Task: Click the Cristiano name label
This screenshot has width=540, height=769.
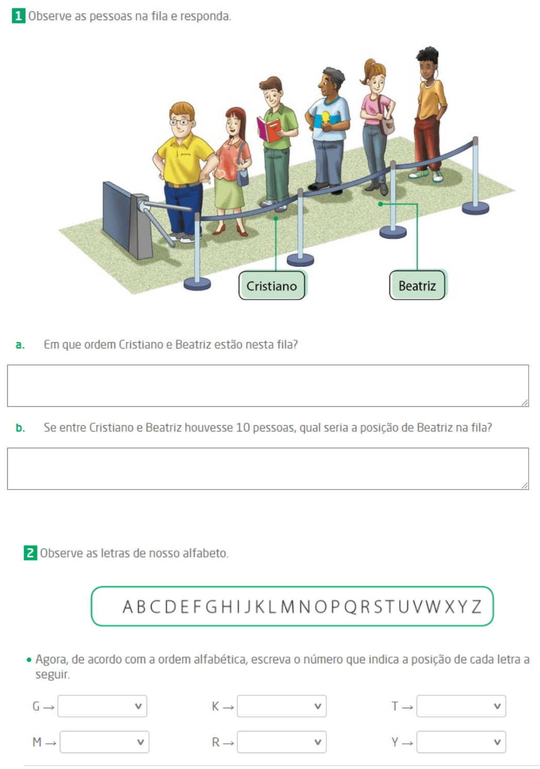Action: (x=272, y=286)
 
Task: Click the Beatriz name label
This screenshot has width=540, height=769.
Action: (x=417, y=286)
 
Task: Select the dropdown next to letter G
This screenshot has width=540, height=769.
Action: (x=102, y=706)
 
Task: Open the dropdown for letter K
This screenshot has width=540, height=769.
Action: (x=282, y=706)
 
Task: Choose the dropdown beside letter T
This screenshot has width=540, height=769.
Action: (x=461, y=706)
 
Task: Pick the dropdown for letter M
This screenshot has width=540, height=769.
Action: (x=104, y=742)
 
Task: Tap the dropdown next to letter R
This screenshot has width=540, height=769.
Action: (x=282, y=742)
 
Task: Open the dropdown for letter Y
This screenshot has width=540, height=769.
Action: (x=461, y=742)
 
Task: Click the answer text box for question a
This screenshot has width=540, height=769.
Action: (x=268, y=386)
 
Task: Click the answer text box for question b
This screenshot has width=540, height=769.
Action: (x=268, y=469)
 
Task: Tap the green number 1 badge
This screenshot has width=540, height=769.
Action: (x=19, y=16)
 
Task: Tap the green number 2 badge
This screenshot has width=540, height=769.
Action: (x=30, y=553)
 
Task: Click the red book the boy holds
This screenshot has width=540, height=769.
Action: (x=269, y=130)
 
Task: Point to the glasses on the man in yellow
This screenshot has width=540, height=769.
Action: (x=180, y=122)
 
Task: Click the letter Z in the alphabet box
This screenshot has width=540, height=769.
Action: (x=476, y=607)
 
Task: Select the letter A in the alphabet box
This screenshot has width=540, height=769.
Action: (x=127, y=607)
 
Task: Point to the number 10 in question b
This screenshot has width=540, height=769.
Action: (x=242, y=428)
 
